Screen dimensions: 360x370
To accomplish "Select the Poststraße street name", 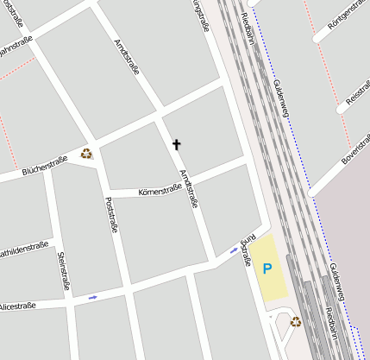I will [110, 216].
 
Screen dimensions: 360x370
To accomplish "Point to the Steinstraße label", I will [63, 269].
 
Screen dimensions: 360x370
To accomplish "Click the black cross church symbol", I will [177, 144].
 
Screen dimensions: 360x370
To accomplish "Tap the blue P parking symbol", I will [267, 268].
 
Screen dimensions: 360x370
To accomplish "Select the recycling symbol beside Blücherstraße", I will [86, 154].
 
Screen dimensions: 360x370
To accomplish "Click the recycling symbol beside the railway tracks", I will [296, 322].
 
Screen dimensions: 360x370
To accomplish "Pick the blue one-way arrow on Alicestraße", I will [92, 298].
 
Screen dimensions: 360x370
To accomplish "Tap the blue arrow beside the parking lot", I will [234, 249].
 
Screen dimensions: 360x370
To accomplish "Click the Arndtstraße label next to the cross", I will [188, 187].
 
